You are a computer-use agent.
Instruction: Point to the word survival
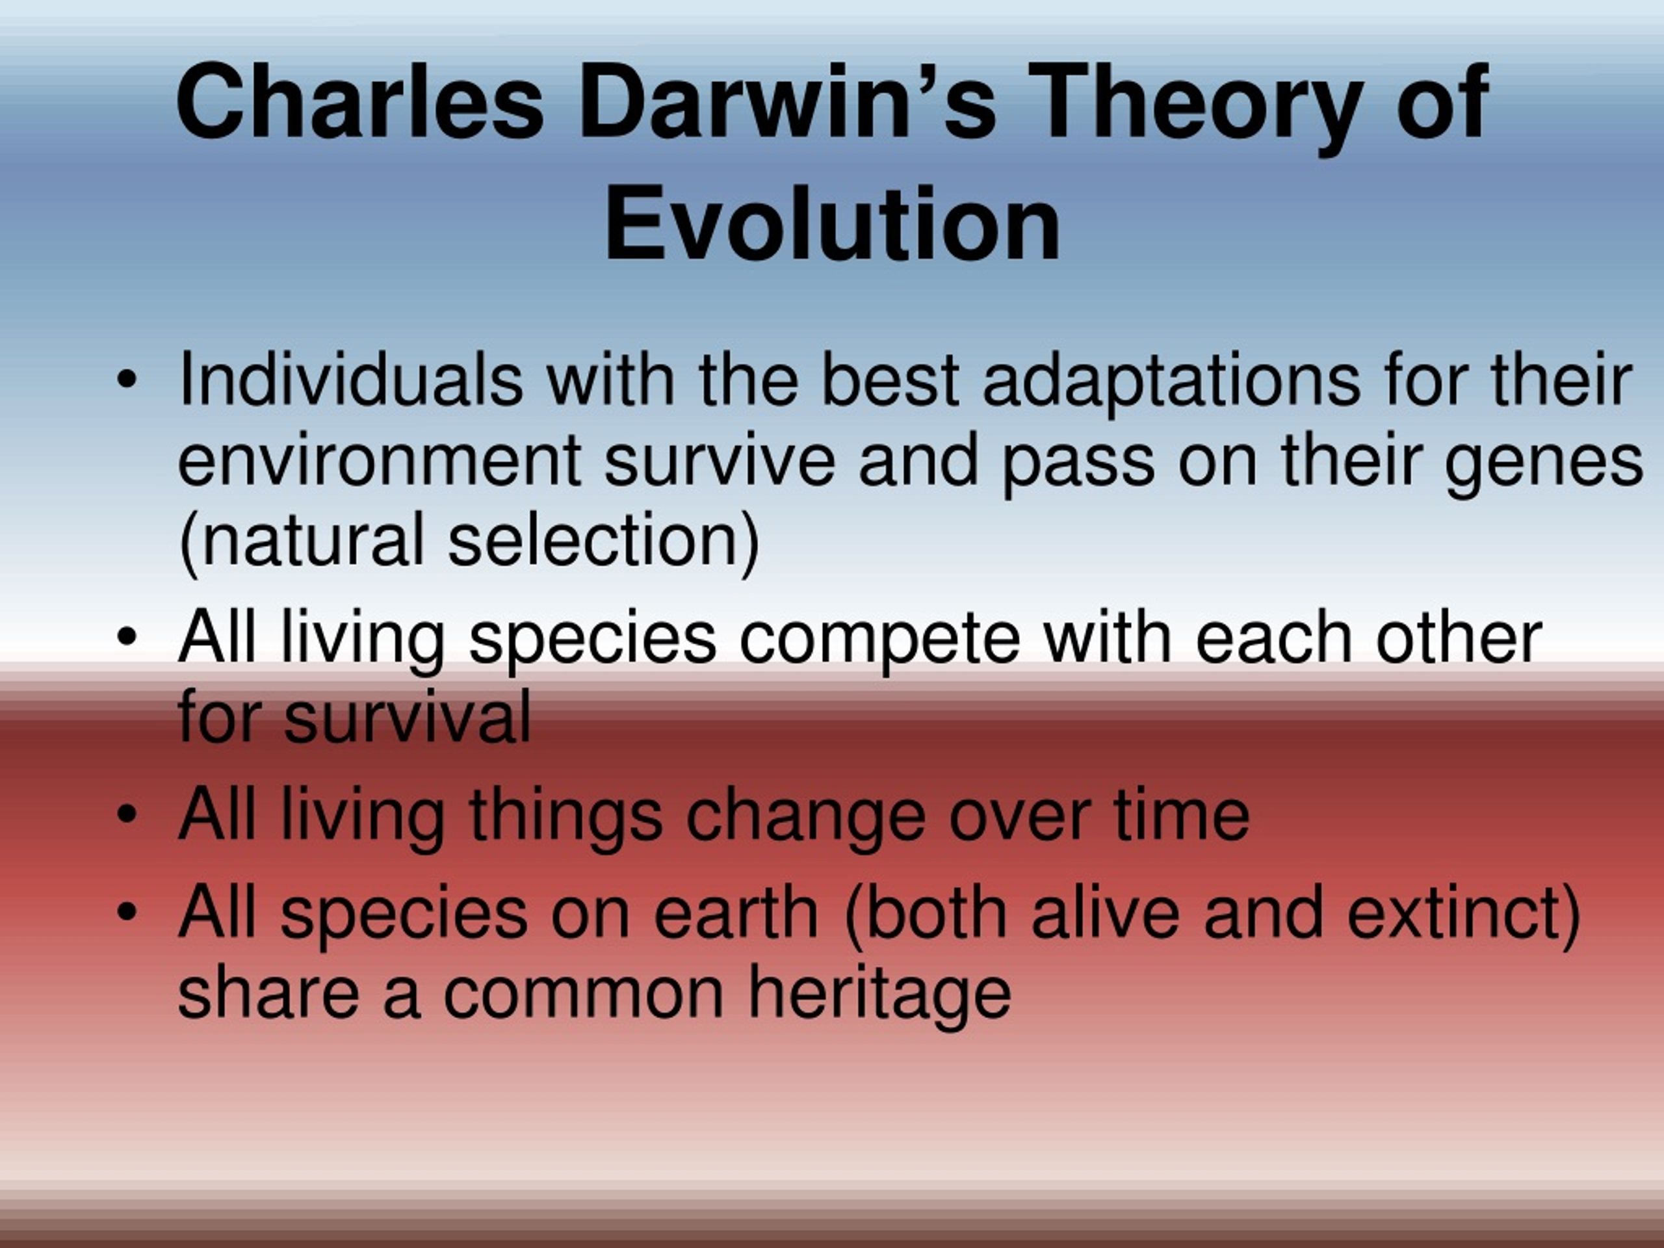[408, 716]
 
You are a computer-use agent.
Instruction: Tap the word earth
[735, 913]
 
